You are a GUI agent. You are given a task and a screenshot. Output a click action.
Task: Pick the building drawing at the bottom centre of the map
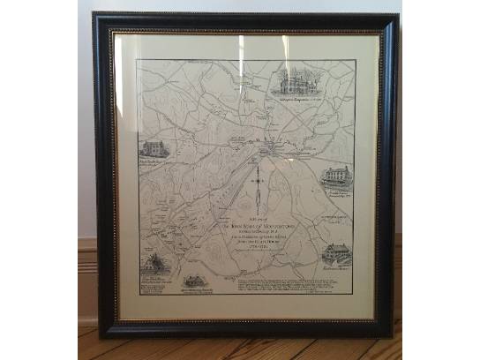pos(194,281)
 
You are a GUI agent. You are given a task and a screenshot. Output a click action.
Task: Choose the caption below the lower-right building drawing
pos(336,266)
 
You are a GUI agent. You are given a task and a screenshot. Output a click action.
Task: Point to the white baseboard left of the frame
pos(86,256)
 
